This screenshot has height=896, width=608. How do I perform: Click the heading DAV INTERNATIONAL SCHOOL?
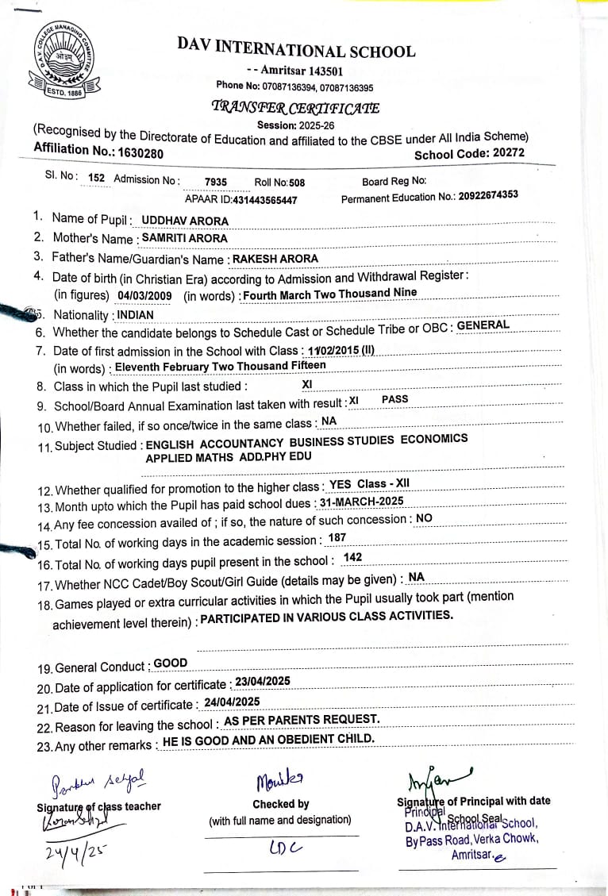296,51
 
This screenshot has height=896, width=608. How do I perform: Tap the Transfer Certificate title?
295,108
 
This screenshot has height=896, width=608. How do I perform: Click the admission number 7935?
215,182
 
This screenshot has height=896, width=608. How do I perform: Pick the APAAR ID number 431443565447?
264,200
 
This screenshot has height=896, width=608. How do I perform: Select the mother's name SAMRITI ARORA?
184,238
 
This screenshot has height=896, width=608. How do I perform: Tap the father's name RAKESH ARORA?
275,258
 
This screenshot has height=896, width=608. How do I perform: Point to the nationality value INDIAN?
135,314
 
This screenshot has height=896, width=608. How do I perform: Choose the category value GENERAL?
483,325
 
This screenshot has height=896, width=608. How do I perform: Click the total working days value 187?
337,538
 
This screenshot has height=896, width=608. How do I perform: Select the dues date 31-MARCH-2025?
361,501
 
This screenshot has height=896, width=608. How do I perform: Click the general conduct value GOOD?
171,663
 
